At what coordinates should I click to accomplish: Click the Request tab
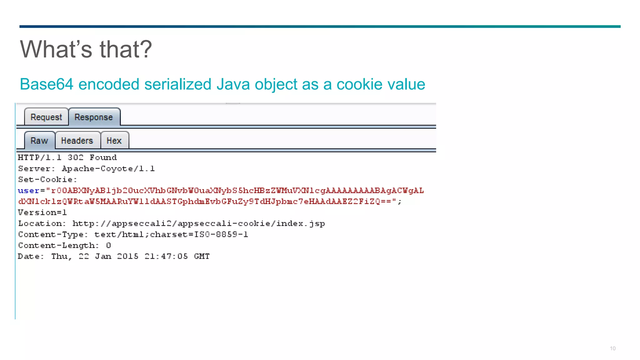click(x=46, y=117)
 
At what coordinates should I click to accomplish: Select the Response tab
click(x=94, y=117)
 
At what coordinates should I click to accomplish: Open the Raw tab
click(x=39, y=141)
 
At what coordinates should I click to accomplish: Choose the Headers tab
click(x=77, y=141)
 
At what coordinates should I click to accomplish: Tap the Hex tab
click(x=114, y=141)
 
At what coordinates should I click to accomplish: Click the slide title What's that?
click(x=86, y=49)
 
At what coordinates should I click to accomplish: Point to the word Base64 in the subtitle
click(x=47, y=84)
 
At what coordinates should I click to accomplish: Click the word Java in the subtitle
click(x=233, y=84)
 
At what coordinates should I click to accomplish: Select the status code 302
click(x=76, y=157)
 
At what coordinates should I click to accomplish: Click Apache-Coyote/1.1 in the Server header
click(x=108, y=169)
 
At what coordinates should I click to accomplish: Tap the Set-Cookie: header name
click(x=47, y=180)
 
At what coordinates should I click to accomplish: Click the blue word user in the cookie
click(x=28, y=191)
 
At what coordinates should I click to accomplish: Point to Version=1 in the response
click(x=42, y=212)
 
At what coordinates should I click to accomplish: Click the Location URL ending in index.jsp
click(x=199, y=223)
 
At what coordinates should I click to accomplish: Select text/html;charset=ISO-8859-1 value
click(x=171, y=234)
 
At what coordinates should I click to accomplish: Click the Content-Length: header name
click(x=58, y=245)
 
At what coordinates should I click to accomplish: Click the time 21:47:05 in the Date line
click(x=166, y=256)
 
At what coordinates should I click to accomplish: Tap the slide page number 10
click(x=612, y=348)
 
